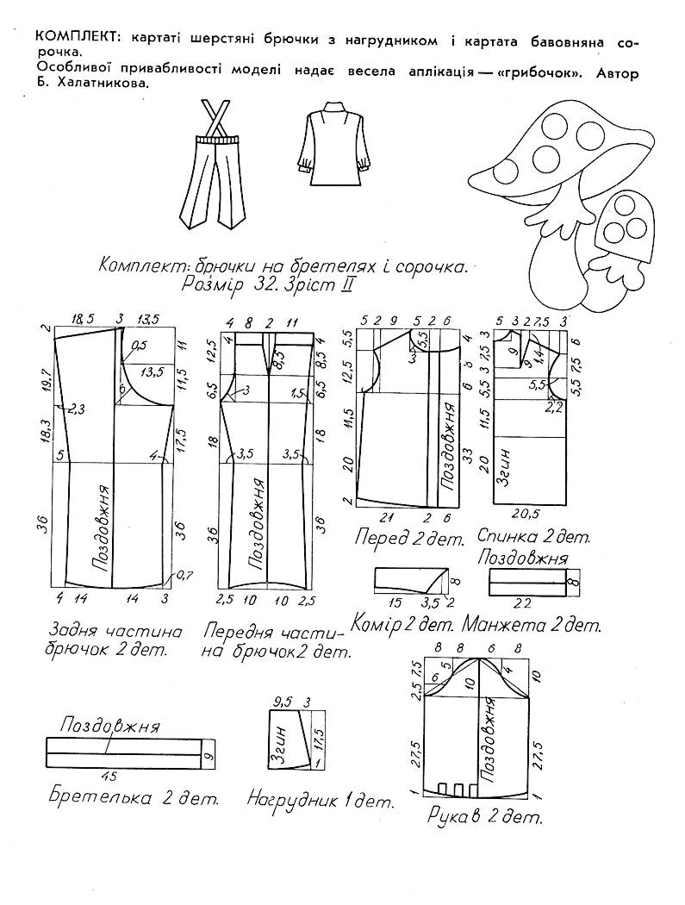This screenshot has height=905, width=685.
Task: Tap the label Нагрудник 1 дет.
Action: [x=321, y=801]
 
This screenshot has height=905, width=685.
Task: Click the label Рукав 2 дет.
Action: [x=485, y=816]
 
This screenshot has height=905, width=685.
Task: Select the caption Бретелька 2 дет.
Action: [x=134, y=798]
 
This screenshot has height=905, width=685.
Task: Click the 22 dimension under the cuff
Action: [x=523, y=603]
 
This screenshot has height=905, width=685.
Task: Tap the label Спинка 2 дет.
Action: [x=534, y=536]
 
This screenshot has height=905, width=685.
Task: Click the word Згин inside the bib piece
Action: [x=281, y=745]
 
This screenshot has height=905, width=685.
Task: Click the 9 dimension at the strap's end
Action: [x=208, y=754]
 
